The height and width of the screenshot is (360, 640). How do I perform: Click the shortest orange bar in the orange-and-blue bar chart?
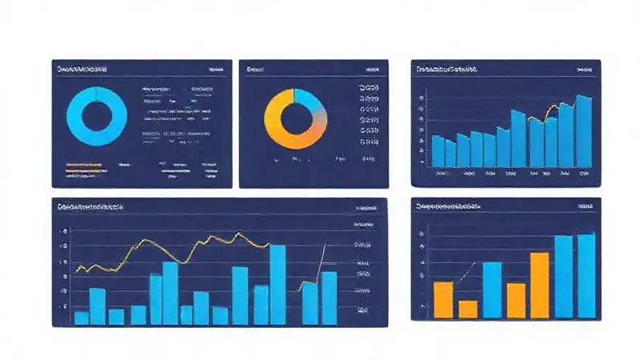[468, 309]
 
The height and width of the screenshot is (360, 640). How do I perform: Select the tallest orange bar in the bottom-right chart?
[540, 286]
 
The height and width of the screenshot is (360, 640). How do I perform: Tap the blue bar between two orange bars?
[492, 290]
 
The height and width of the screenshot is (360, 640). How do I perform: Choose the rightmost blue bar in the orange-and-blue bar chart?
[586, 275]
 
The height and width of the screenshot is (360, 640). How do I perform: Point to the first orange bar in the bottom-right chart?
[443, 299]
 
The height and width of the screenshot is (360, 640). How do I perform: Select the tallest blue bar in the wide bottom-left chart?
[278, 284]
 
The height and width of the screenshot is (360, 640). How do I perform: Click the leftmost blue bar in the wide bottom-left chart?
[81, 318]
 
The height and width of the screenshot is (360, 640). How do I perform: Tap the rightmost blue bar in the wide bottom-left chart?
[329, 298]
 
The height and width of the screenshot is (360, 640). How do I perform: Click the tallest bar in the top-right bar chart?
[584, 132]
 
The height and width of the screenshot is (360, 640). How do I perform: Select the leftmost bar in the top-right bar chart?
[438, 150]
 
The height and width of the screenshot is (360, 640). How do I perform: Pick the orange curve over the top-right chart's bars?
[550, 112]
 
